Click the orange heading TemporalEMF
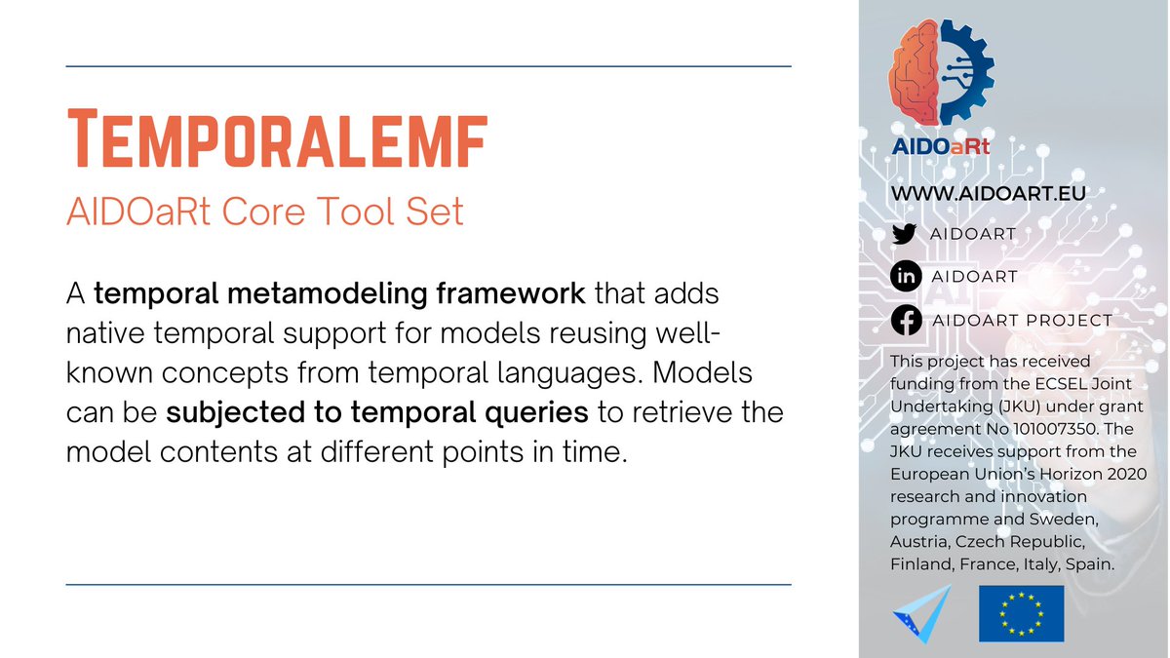(x=276, y=142)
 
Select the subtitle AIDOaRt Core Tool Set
(x=264, y=212)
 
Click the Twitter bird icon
(x=905, y=234)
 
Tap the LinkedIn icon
(x=905, y=277)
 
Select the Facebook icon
(x=905, y=320)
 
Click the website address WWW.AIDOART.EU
(x=988, y=194)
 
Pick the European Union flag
(x=1021, y=613)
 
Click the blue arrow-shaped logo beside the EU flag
(x=918, y=615)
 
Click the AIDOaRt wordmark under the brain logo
(x=941, y=147)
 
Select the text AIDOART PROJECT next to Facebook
(x=1021, y=321)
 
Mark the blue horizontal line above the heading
(x=428, y=66)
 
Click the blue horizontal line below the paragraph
(x=428, y=585)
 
